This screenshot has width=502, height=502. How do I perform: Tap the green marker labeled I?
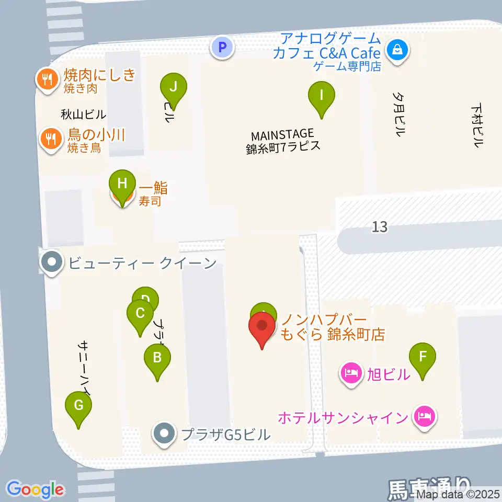pos(322,96)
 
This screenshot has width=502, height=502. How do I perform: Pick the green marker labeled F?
pos(423,358)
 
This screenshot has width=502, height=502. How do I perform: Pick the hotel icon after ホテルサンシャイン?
pos(424,417)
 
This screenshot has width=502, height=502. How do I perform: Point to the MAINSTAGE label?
pos(282,134)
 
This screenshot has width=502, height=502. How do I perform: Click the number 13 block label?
pos(380,227)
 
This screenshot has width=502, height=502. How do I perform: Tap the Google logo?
pos(36,489)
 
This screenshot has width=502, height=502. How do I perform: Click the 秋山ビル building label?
pos(84,114)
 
